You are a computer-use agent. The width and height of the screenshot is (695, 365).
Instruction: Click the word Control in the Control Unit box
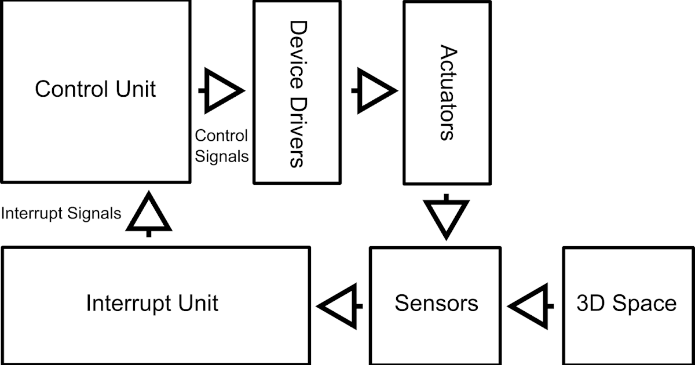71,90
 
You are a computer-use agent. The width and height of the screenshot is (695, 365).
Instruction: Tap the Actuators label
446,93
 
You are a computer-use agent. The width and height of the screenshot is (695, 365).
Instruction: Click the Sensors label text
436,304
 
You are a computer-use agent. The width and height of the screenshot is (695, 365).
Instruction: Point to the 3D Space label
627,304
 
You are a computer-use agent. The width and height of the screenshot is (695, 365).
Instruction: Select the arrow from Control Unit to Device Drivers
222,91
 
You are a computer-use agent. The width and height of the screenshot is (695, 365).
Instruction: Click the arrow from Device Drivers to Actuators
375,90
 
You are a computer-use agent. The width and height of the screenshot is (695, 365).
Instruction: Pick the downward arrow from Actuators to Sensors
445,218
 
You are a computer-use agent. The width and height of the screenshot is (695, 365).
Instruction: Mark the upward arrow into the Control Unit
149,213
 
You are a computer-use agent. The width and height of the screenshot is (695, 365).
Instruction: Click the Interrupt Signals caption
61,214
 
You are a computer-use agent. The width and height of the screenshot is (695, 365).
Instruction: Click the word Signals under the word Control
222,156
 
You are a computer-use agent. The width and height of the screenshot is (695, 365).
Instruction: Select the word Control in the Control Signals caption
221,136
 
